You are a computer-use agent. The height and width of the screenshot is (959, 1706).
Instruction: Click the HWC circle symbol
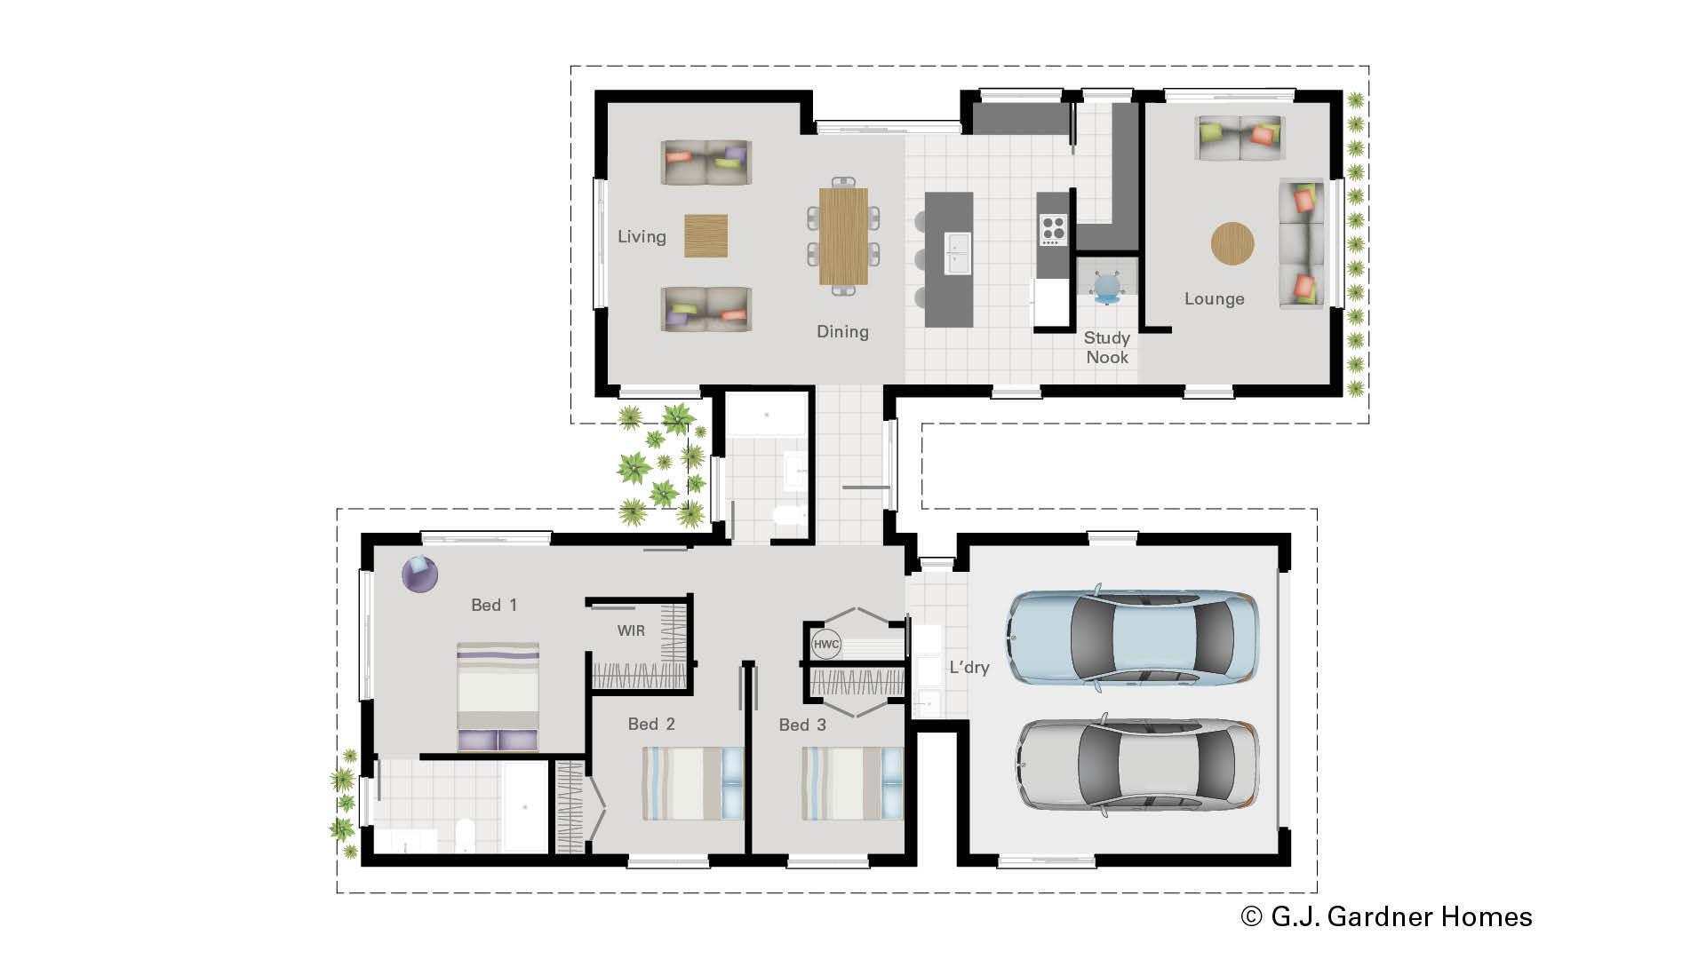[825, 645]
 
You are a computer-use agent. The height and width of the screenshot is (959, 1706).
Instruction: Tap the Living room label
[642, 237]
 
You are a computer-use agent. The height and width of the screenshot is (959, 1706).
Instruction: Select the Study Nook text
[1106, 347]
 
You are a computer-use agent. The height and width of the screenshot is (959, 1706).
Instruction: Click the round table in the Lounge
[1232, 243]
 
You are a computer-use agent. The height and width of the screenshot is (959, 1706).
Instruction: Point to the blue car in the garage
[1132, 638]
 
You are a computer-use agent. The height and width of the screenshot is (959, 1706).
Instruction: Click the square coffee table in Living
[706, 236]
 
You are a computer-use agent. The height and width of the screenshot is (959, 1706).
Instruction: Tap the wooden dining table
[843, 236]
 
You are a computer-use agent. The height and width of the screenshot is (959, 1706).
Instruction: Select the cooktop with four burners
[1053, 230]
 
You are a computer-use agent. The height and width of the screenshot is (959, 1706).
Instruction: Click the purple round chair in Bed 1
[419, 574]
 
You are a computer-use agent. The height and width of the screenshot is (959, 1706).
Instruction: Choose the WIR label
[631, 631]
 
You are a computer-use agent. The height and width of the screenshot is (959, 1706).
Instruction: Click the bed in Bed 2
[692, 783]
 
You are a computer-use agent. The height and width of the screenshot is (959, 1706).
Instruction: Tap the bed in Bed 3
[852, 783]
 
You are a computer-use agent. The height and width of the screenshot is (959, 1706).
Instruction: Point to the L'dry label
[969, 668]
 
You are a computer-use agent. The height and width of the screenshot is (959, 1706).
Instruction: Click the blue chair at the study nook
[1107, 286]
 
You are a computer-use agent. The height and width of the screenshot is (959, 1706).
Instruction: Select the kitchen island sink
[958, 252]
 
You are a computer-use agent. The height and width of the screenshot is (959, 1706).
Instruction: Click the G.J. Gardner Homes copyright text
[1386, 916]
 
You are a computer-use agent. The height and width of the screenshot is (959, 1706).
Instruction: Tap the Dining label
[842, 332]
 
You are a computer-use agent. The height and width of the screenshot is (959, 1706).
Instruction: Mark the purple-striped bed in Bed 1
[498, 697]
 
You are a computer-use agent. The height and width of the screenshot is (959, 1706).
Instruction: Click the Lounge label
[1214, 299]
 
